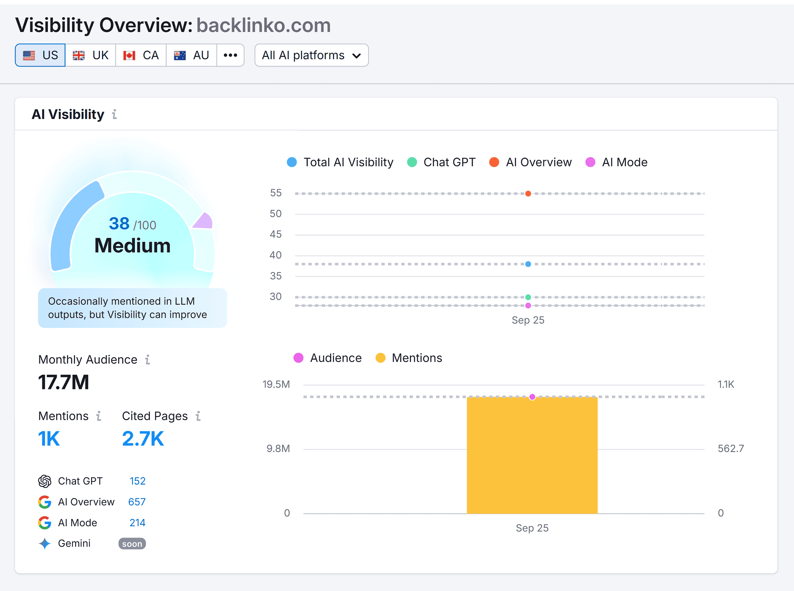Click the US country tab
[x=40, y=55]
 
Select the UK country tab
[x=90, y=55]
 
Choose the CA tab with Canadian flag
[x=141, y=55]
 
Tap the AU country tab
[x=191, y=55]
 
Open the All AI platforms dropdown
[x=311, y=55]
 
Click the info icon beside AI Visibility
[x=114, y=114]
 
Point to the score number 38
[x=119, y=224]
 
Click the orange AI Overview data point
[x=528, y=193]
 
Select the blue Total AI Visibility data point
[x=528, y=264]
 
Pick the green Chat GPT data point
[x=528, y=297]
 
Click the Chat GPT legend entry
[x=441, y=162]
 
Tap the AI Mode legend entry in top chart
[x=616, y=162]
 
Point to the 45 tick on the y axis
[x=276, y=234]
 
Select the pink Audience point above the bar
[x=532, y=397]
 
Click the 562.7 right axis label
[x=730, y=448]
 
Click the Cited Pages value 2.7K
[x=143, y=439]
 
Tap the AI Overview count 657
[x=137, y=501]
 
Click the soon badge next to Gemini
[x=132, y=543]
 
